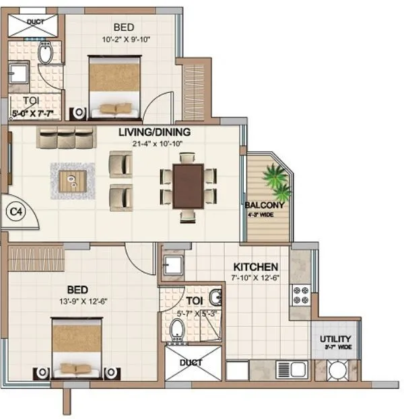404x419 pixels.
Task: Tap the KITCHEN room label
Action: click(256, 266)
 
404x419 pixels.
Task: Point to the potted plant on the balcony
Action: click(277, 178)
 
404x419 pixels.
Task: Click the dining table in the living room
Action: click(189, 186)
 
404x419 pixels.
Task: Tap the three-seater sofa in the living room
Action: click(65, 137)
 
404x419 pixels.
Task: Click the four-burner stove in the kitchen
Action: click(300, 295)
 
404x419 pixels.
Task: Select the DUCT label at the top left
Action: click(35, 22)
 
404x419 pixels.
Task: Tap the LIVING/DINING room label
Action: click(154, 132)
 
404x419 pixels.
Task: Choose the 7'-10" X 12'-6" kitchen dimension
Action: click(257, 277)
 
